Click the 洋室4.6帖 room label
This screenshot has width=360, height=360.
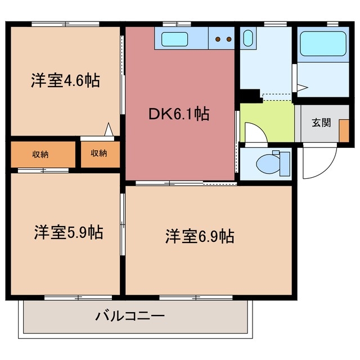pyautogui.click(x=65, y=81)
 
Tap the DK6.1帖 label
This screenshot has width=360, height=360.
pyautogui.click(x=179, y=114)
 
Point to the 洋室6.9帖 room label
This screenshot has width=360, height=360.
pyautogui.click(x=200, y=236)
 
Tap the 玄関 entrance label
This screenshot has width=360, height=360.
pyautogui.click(x=321, y=123)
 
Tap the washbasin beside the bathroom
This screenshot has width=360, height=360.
pyautogui.click(x=249, y=39)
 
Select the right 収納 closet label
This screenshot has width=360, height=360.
pyautogui.click(x=99, y=154)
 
